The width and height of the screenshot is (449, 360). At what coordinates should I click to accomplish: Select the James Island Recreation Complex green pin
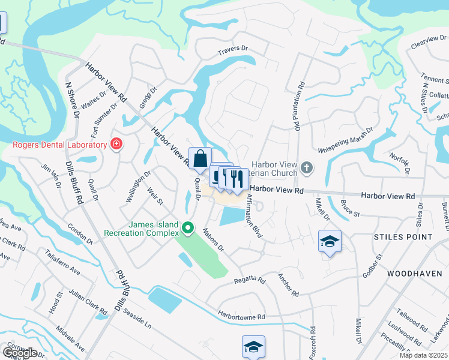coord(188,227)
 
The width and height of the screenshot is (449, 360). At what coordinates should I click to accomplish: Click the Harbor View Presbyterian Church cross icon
coord(307,167)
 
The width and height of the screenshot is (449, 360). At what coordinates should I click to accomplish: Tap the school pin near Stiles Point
coord(330,242)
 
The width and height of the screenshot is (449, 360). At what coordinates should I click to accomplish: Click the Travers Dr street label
coord(233,49)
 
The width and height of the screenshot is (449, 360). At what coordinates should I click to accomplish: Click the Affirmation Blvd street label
coord(255,217)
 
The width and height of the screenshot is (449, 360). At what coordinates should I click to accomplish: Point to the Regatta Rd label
coord(249,280)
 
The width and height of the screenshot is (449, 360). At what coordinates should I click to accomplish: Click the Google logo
coord(20,352)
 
